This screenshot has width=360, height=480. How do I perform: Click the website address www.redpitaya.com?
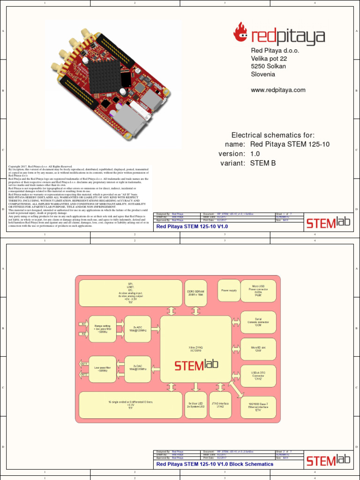pos(278,90)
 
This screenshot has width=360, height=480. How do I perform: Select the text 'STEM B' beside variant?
pos(263,163)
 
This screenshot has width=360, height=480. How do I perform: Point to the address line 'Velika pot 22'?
pos(269,59)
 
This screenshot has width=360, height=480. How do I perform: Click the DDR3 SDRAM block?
pos(196,293)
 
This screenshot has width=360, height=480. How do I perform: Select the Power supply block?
pos(229,291)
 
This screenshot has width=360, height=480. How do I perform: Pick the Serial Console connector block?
pos(258,322)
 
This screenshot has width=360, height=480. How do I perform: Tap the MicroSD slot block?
pos(258,349)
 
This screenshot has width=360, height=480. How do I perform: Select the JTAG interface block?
pos(220,405)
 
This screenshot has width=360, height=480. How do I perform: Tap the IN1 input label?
pos(84,324)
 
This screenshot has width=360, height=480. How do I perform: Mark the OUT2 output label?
pos(84,375)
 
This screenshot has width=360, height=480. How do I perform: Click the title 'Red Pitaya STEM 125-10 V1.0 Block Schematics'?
pos(215,464)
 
